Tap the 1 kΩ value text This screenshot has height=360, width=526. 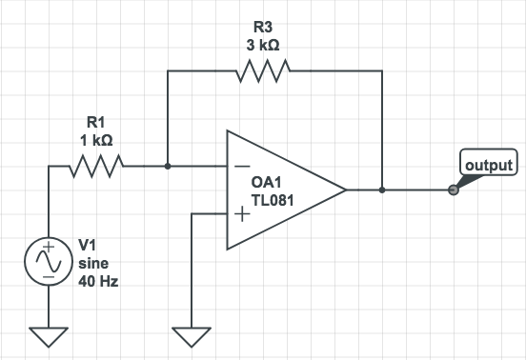(x=98, y=139)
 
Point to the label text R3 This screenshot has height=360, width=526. (x=258, y=27)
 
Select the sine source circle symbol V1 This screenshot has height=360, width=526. (x=47, y=260)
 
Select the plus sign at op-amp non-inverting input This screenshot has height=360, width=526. (x=241, y=214)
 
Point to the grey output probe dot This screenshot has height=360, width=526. (x=453, y=190)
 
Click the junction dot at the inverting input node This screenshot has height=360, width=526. (x=168, y=166)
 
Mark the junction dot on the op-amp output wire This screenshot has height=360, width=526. (x=382, y=190)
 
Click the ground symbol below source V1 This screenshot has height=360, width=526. (x=47, y=335)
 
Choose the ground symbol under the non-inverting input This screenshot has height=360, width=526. (x=192, y=335)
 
